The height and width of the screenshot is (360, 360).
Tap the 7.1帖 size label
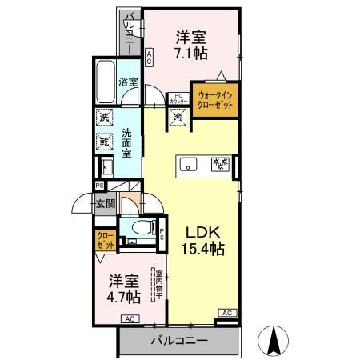coord(192,54)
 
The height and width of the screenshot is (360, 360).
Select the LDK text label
coord(202,231)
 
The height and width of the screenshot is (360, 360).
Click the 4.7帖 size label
coord(125,297)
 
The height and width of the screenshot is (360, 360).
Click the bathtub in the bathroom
coord(105,81)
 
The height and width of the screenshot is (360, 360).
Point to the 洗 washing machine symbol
coord(104,119)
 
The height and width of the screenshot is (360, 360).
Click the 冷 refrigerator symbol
coord(177,116)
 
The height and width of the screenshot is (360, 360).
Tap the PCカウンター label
coord(177,98)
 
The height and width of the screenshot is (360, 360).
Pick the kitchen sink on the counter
coord(188,165)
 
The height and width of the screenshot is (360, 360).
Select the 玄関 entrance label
coord(105,204)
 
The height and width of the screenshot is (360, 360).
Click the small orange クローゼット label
coord(105,239)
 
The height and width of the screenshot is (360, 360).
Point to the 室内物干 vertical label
coord(158,286)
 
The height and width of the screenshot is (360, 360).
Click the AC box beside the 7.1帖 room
coord(150,56)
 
